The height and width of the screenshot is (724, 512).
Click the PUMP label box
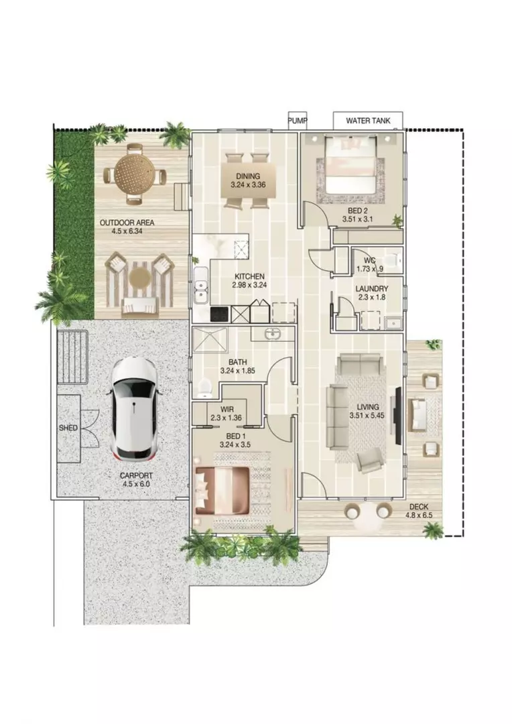pyautogui.click(x=297, y=121)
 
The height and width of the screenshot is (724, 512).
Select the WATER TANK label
pyautogui.click(x=368, y=121)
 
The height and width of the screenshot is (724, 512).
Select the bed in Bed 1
pyautogui.click(x=223, y=491)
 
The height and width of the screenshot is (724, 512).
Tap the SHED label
pyautogui.click(x=68, y=428)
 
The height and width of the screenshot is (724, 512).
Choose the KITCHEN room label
pyautogui.click(x=249, y=276)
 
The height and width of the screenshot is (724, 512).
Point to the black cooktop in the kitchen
pyautogui.click(x=220, y=313)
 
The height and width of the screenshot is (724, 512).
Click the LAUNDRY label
pyautogui.click(x=371, y=290)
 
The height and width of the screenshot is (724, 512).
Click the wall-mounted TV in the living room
pyautogui.click(x=398, y=416)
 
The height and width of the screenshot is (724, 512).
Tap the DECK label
pyautogui.click(x=419, y=507)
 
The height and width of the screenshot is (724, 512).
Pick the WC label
pyautogui.click(x=369, y=260)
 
